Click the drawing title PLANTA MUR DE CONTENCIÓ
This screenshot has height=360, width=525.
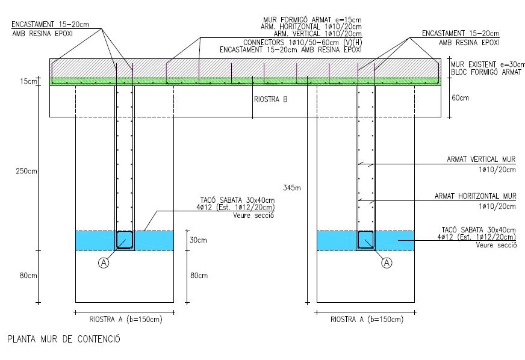click(64, 339)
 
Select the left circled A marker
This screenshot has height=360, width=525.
click(104, 262)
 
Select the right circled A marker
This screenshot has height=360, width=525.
click(387, 262)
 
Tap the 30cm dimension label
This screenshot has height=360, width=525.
click(199, 240)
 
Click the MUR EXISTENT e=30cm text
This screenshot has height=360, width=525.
click(483, 64)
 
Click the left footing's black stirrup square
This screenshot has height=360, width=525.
click(125, 239)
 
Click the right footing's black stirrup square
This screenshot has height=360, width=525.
click(366, 239)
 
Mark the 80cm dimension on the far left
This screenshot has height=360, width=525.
click(28, 276)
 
